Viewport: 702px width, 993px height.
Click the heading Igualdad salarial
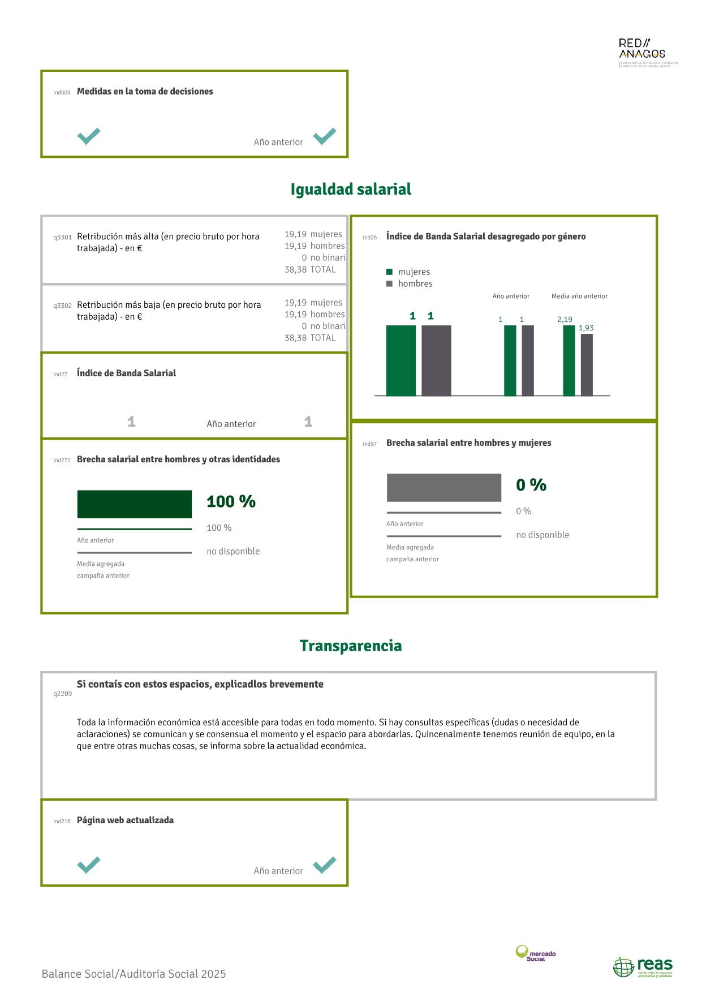point(351,190)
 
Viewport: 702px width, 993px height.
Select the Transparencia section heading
point(351,646)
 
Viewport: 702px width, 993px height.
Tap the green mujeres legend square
point(389,272)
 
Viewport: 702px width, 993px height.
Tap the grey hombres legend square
point(389,284)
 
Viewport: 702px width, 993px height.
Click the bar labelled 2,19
point(569,360)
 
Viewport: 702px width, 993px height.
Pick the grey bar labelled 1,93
point(587,365)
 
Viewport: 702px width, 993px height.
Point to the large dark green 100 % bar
point(135,504)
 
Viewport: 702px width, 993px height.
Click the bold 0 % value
point(531,485)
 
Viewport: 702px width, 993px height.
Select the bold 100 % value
point(231,502)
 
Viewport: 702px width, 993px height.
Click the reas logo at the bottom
point(643,967)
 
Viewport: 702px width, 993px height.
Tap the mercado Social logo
point(535,953)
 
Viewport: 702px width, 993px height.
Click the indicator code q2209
point(62,694)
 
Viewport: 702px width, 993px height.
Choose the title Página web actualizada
point(125,820)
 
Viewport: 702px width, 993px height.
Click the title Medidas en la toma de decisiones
point(145,92)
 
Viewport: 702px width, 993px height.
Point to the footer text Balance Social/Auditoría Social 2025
point(133,974)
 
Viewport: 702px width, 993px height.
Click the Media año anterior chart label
point(579,296)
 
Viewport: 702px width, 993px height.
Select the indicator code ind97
point(369,444)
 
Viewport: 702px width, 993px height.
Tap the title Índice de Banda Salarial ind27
point(126,373)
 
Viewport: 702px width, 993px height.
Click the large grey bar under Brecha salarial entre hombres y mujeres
point(444,488)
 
